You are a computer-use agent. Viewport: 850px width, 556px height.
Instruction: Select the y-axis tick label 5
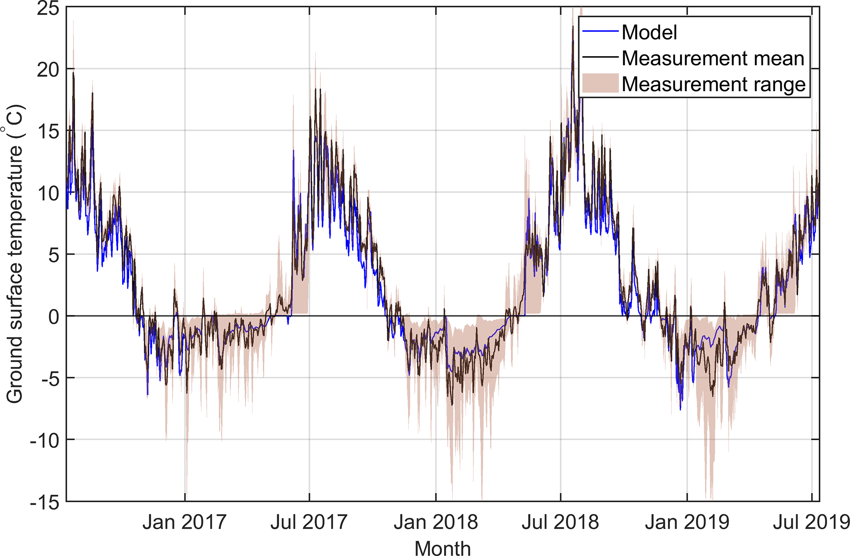point(53,255)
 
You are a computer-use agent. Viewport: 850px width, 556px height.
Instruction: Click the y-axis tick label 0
point(53,316)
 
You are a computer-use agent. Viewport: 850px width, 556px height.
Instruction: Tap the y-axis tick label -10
point(44,440)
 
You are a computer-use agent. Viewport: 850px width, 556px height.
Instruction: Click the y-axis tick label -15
point(44,502)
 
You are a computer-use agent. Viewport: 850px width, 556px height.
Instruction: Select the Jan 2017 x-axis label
point(185,522)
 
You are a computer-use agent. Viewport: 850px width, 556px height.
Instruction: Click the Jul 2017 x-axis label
point(309,522)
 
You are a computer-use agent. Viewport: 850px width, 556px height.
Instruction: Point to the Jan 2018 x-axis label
point(436,522)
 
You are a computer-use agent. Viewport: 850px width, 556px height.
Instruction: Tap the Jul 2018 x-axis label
point(560,522)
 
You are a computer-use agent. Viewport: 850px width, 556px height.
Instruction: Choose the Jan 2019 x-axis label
point(687,522)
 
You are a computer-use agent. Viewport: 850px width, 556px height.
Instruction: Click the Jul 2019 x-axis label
point(811,522)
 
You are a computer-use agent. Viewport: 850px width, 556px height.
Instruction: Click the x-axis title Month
point(442,548)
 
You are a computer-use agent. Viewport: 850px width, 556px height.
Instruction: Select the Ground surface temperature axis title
point(15,254)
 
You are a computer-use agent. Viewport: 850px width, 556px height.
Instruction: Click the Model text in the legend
point(649,32)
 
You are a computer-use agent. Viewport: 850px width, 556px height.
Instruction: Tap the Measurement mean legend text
point(713,58)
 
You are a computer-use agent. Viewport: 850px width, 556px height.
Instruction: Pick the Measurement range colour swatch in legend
point(600,83)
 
